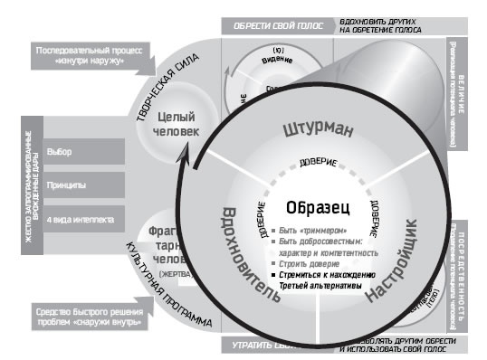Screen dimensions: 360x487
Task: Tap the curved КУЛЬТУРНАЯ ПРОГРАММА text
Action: click(x=167, y=289)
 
